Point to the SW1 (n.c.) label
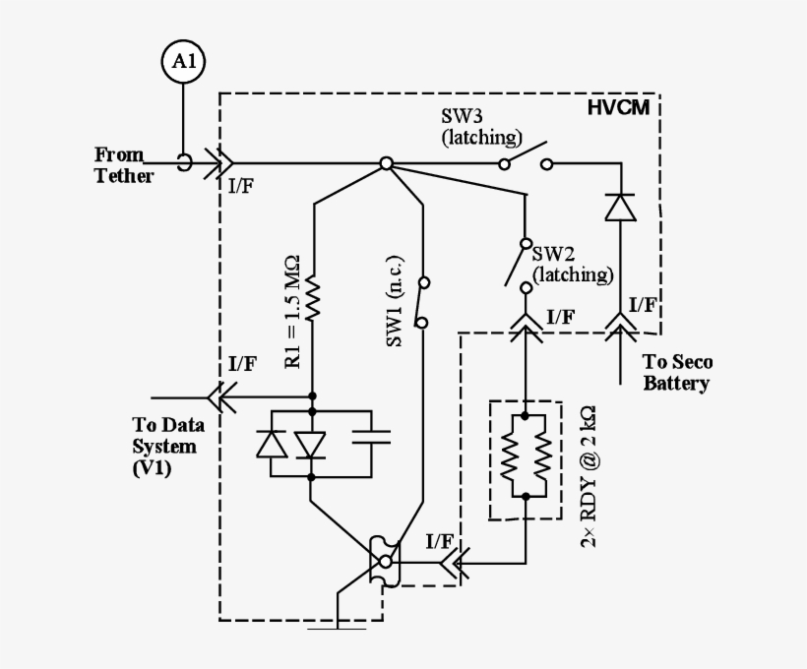396,312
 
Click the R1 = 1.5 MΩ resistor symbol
314,299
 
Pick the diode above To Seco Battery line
619,208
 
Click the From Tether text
123,165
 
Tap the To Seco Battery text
677,373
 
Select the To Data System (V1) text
164,447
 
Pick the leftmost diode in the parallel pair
271,445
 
